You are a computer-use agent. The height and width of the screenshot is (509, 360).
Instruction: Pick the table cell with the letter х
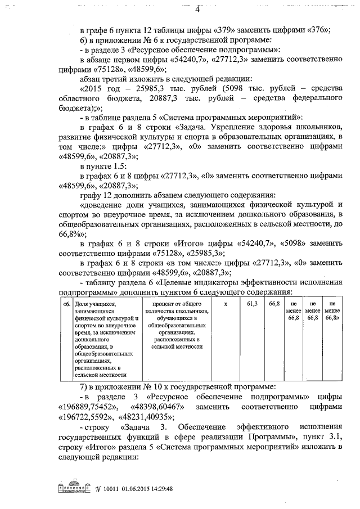[x=225, y=304]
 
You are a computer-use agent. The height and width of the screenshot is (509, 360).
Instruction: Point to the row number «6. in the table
[x=66, y=304]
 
